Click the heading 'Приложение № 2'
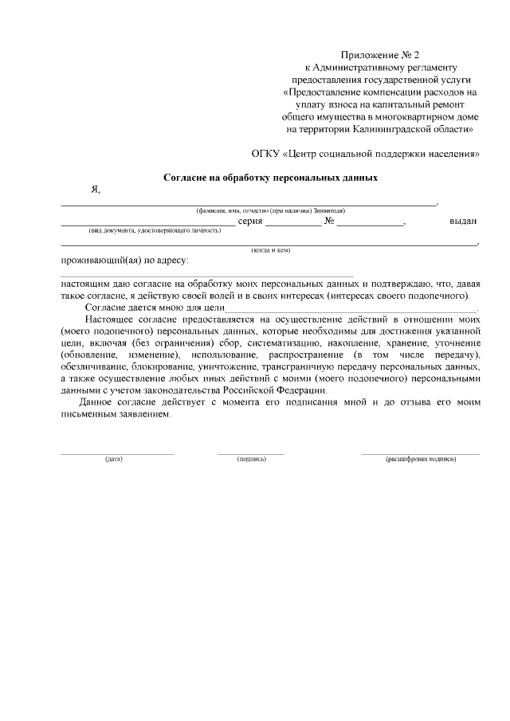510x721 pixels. (x=379, y=55)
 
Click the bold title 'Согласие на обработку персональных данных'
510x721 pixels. (x=270, y=178)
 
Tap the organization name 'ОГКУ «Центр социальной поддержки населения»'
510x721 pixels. (x=366, y=153)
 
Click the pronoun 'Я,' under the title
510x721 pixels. (x=96, y=190)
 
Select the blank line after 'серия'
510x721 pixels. (x=292, y=225)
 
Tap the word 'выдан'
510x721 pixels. (x=462, y=222)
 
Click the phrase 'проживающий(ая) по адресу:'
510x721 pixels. (x=124, y=261)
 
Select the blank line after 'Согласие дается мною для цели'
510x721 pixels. (x=350, y=309)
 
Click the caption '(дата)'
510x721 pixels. (x=113, y=460)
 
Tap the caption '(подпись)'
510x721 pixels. (x=251, y=460)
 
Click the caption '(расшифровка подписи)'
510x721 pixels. (x=420, y=460)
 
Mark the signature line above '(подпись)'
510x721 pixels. (x=251, y=453)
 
